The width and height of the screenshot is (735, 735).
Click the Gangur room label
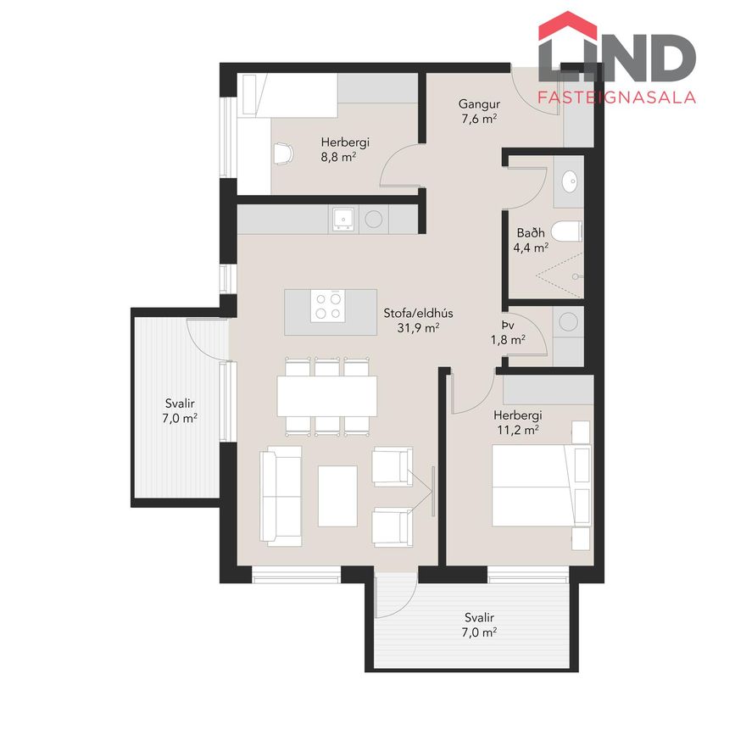[x=479, y=104]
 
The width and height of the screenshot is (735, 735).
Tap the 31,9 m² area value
[x=418, y=328]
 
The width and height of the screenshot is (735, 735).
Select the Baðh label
[x=531, y=232]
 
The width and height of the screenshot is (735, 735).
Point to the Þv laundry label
[x=508, y=325]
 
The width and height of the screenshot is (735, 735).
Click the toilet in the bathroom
[x=566, y=231]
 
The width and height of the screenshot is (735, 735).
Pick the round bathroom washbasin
[x=570, y=181]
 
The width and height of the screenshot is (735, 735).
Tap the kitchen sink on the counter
[x=343, y=219]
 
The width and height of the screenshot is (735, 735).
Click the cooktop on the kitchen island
[x=328, y=306]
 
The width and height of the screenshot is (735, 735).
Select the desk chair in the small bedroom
[x=283, y=153]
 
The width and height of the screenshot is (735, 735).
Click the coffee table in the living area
[x=337, y=496]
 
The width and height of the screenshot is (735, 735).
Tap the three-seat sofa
[x=281, y=496]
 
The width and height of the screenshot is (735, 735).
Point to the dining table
[x=327, y=397]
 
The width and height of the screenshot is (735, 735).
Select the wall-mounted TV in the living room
[x=433, y=491]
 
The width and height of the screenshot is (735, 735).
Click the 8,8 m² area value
[x=338, y=157]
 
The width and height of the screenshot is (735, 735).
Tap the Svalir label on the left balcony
[x=180, y=404]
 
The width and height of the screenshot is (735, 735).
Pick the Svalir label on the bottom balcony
[x=479, y=617]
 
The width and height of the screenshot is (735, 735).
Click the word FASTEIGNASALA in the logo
[x=616, y=97]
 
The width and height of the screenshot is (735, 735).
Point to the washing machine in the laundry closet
[x=568, y=321]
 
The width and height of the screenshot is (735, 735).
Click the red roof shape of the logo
[x=568, y=25]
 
